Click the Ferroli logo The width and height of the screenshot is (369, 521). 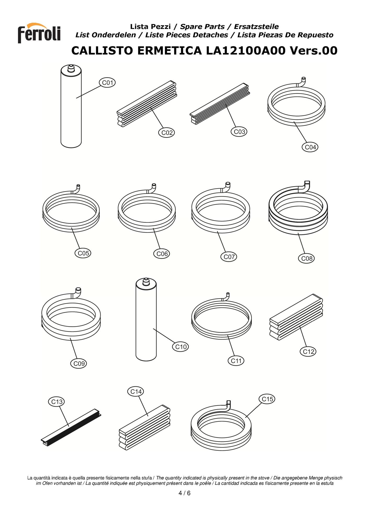click(x=39, y=33)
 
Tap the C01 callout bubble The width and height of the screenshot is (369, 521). click(x=107, y=83)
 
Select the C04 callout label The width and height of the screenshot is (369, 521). click(x=310, y=147)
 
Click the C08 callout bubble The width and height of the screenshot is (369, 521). click(x=306, y=258)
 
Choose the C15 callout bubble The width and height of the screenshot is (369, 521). click(x=267, y=399)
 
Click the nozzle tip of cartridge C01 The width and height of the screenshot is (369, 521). click(x=71, y=67)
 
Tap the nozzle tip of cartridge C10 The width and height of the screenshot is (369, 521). click(x=146, y=281)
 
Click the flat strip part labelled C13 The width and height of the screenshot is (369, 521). click(x=71, y=427)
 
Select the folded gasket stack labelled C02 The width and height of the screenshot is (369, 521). click(x=147, y=104)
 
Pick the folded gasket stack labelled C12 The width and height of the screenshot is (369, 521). click(x=296, y=317)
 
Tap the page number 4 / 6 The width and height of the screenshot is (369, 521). click(x=184, y=493)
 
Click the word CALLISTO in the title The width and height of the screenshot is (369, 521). click(x=103, y=50)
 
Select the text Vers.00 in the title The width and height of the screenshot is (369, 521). click(x=314, y=50)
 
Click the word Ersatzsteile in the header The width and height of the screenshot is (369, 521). click(x=256, y=27)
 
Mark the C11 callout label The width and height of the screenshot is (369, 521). click(x=236, y=361)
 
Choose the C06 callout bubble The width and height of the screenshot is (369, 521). click(x=162, y=254)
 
